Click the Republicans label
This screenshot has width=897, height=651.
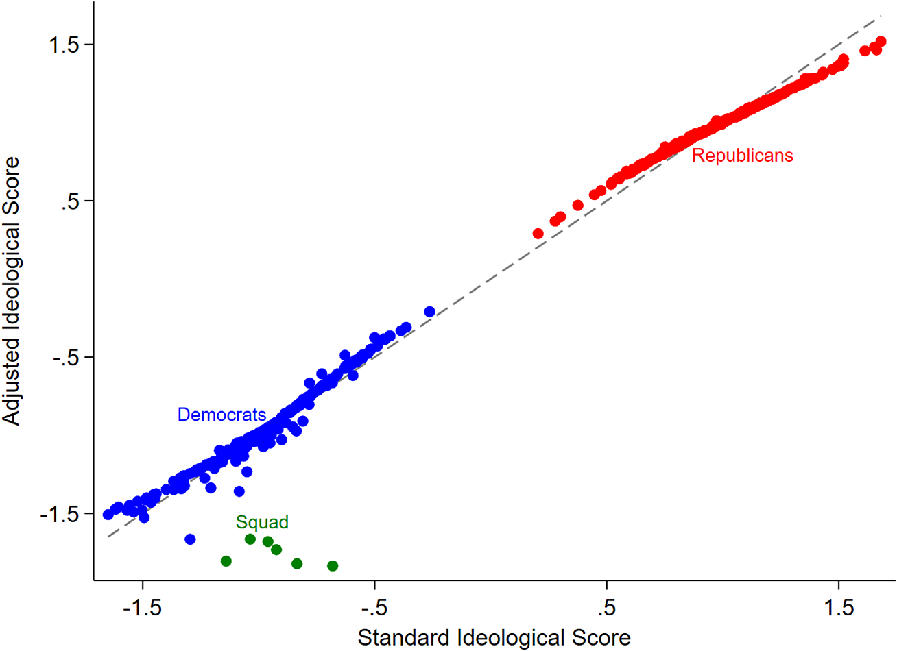(x=742, y=156)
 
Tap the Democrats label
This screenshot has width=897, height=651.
(x=222, y=415)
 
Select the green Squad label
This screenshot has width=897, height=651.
(x=262, y=522)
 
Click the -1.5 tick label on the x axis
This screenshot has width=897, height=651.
(x=142, y=608)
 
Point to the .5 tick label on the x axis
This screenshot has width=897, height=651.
(x=606, y=608)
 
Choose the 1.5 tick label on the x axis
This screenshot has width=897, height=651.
(x=838, y=608)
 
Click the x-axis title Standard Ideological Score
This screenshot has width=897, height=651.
(x=494, y=637)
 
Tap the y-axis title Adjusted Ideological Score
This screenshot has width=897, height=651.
(x=12, y=291)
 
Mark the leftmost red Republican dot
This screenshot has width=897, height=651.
(x=538, y=234)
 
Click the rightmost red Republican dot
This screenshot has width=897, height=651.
(x=881, y=42)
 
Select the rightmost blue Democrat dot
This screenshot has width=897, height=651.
(x=430, y=312)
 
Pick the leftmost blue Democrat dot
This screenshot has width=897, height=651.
(x=108, y=515)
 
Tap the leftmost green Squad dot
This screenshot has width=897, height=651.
(x=226, y=561)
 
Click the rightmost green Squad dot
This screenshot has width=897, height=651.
(x=333, y=566)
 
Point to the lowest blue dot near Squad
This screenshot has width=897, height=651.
(x=191, y=539)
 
